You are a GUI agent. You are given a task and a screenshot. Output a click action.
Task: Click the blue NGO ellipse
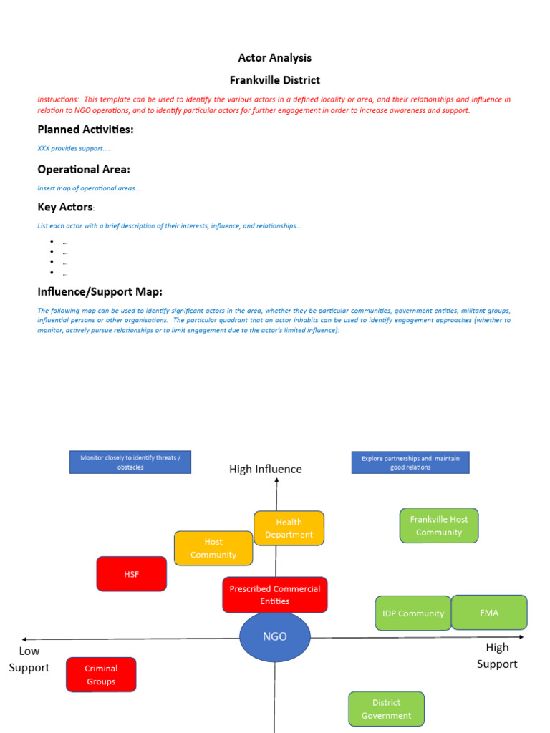(x=275, y=636)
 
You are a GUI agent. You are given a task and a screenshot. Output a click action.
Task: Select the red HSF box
(x=132, y=574)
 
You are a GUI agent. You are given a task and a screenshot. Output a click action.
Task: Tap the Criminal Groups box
(x=101, y=675)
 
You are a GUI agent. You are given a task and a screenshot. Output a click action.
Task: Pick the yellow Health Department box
(x=289, y=528)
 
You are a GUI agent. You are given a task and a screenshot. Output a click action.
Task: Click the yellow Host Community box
(x=213, y=548)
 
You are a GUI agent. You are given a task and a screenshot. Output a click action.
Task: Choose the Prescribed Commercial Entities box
(x=275, y=595)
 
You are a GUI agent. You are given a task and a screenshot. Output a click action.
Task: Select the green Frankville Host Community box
(x=439, y=525)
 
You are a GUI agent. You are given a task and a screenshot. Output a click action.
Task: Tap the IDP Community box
(x=413, y=613)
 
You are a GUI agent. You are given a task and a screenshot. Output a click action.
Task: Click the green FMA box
(x=489, y=613)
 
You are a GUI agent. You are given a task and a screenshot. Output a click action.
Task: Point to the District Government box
(x=387, y=709)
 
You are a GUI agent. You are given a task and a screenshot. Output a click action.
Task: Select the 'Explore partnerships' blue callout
(x=410, y=462)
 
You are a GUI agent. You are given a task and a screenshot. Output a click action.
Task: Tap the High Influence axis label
(x=266, y=470)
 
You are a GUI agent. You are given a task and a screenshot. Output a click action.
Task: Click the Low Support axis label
(x=29, y=659)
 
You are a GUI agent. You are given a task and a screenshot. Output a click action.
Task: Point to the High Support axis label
(x=497, y=656)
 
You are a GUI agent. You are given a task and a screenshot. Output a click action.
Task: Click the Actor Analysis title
(x=275, y=58)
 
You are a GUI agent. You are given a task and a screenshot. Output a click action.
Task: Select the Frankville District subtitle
(x=275, y=80)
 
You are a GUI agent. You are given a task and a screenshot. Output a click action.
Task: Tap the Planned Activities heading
(x=85, y=130)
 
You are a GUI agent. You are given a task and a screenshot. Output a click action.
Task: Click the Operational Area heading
(x=84, y=170)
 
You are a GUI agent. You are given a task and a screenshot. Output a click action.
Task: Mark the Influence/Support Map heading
(x=100, y=292)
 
